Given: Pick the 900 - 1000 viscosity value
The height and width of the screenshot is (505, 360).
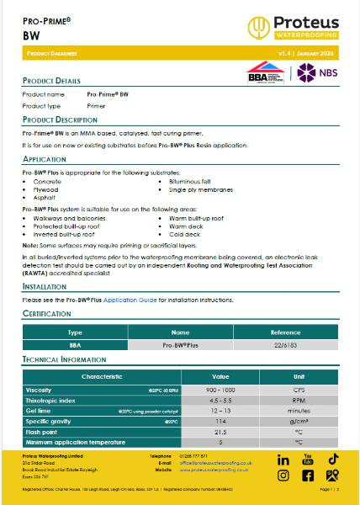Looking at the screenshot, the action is (220, 391).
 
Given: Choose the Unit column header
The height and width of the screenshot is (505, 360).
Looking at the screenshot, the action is (298, 376).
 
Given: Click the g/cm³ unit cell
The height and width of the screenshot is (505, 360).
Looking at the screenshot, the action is (298, 421).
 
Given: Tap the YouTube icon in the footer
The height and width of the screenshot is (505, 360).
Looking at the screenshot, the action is (308, 460).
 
